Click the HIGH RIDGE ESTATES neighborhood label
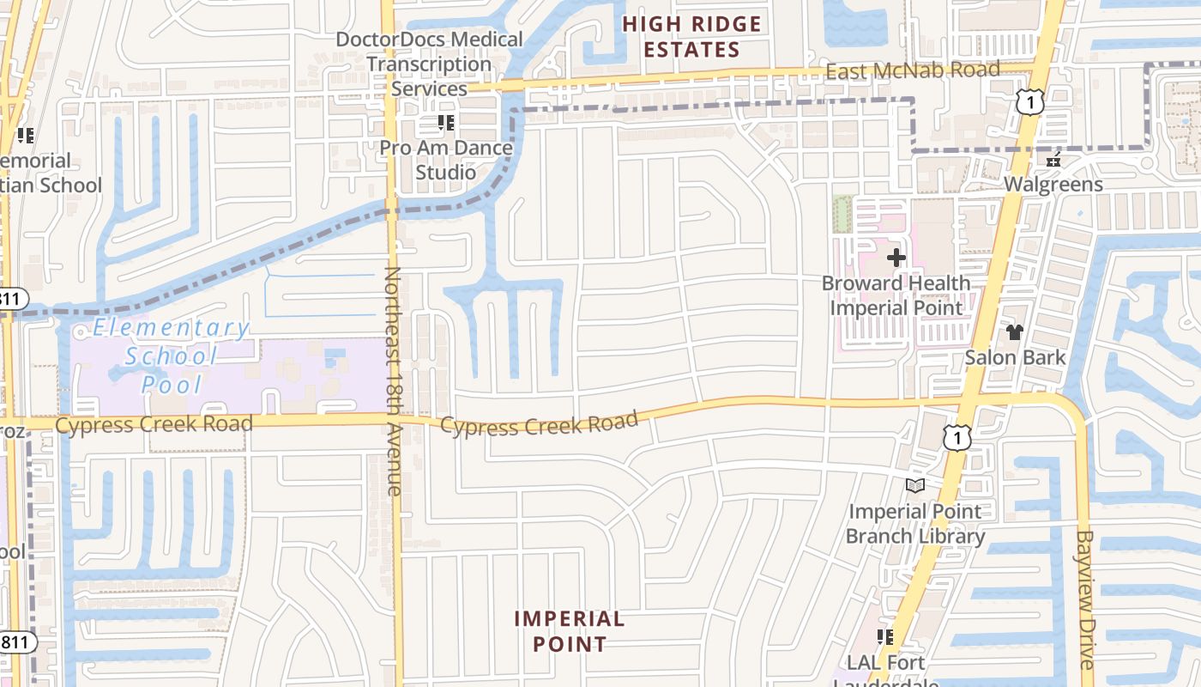(x=691, y=37)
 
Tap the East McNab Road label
(x=912, y=70)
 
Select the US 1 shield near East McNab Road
(x=1029, y=100)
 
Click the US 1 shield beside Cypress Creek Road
(x=957, y=436)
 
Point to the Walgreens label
(x=1053, y=185)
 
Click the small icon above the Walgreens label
(x=1053, y=160)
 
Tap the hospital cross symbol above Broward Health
(x=896, y=257)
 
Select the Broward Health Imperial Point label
(x=896, y=295)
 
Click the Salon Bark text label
(x=1015, y=357)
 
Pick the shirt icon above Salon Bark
(x=1015, y=331)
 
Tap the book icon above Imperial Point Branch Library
(x=915, y=486)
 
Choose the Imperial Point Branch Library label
(x=915, y=524)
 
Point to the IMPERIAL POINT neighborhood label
(x=570, y=631)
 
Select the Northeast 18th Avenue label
(x=394, y=381)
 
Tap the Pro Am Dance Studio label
(x=446, y=160)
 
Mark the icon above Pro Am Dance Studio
(x=446, y=123)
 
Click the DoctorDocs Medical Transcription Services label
(x=429, y=64)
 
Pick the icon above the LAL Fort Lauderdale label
(x=885, y=637)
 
